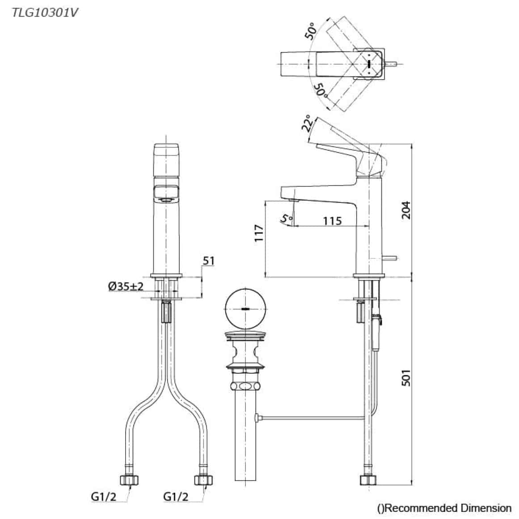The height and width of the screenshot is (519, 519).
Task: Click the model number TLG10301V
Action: [43, 12]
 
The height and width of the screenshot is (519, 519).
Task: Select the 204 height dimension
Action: [406, 210]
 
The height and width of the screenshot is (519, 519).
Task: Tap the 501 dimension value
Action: [406, 378]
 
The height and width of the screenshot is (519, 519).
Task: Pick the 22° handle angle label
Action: [308, 124]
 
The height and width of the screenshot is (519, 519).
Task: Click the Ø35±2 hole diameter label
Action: [126, 286]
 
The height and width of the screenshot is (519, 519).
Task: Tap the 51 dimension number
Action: [209, 261]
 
